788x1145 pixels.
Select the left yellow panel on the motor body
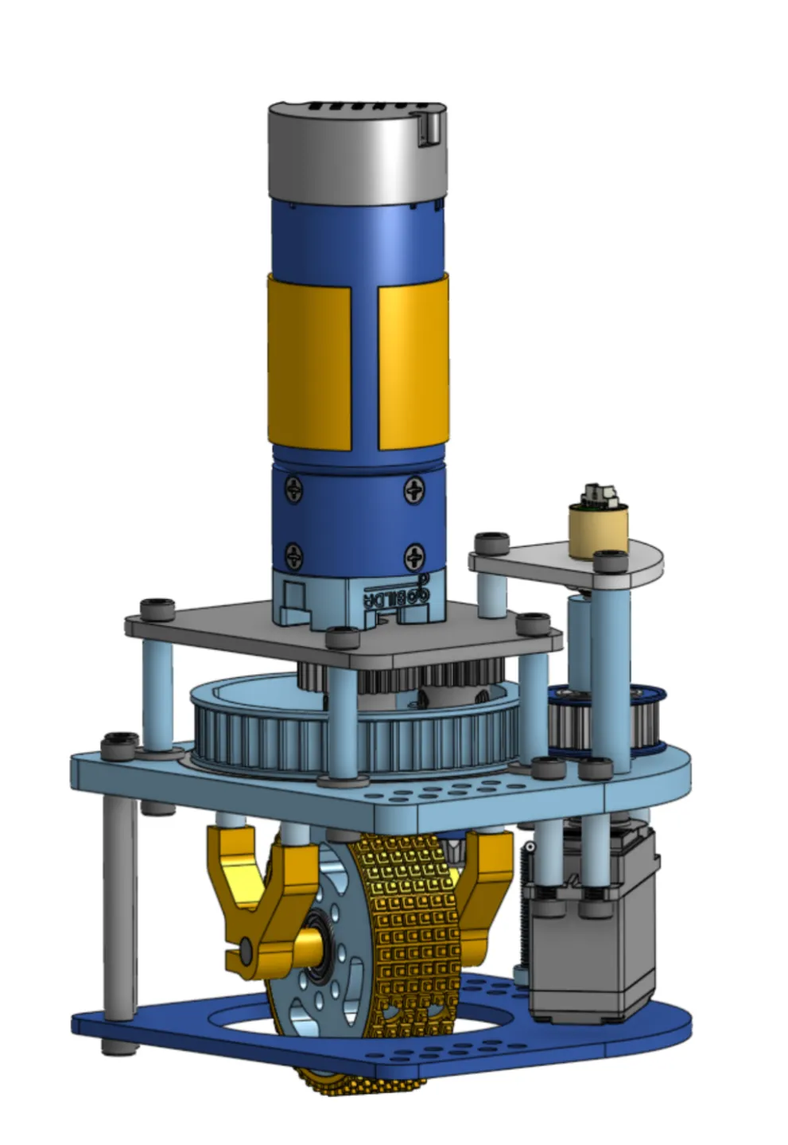pyautogui.click(x=309, y=363)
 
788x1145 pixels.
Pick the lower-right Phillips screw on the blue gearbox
pyautogui.click(x=414, y=555)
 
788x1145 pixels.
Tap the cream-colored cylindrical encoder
pyautogui.click(x=598, y=528)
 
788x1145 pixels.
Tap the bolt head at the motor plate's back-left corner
pyautogui.click(x=157, y=608)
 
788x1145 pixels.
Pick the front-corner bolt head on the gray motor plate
pyautogui.click(x=343, y=637)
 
